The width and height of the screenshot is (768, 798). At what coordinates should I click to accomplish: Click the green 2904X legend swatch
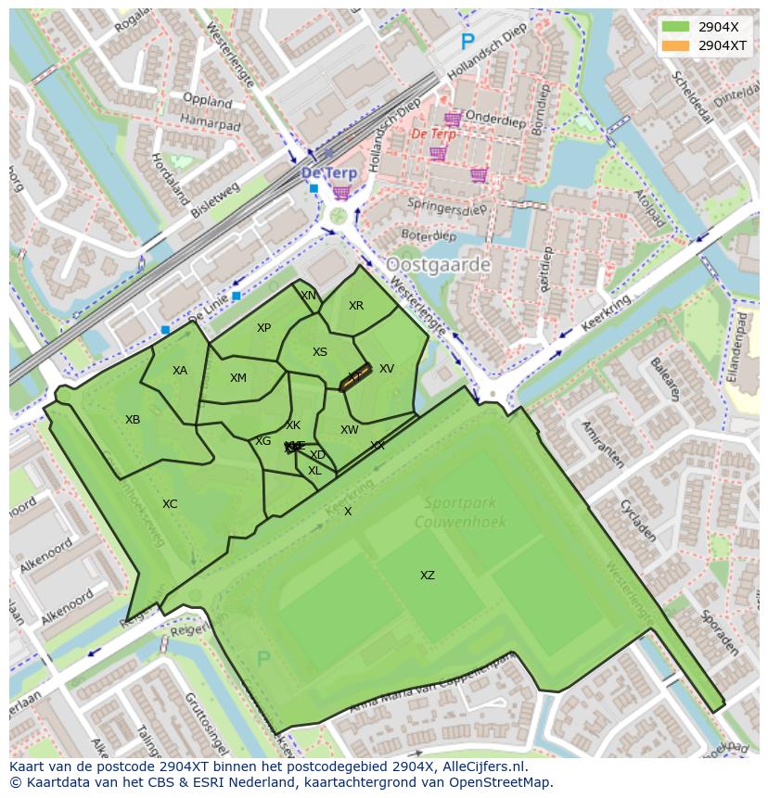coord(676,27)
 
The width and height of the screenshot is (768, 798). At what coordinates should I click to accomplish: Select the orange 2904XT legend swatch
coord(676,44)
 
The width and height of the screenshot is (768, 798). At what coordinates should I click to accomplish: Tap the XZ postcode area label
coord(427,576)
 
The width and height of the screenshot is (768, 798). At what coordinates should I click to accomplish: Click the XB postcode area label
coord(133,420)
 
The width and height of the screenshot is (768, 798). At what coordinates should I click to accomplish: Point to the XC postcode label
coord(170,504)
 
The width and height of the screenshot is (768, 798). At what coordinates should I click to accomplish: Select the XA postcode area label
coord(180,371)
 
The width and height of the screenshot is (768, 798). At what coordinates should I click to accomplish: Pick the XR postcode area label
coord(356,306)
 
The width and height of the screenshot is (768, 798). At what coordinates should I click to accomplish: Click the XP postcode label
coord(263,328)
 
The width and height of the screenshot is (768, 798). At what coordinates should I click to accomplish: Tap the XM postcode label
coord(238,378)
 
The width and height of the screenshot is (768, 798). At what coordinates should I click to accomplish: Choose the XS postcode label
coord(320,352)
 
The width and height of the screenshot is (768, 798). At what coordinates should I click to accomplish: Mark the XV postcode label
coord(387,369)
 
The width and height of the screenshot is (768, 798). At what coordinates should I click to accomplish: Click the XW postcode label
coord(349,430)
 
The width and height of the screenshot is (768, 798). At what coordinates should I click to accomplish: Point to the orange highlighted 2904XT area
coord(356,376)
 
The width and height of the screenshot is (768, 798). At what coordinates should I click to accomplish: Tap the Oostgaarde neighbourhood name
coord(438,265)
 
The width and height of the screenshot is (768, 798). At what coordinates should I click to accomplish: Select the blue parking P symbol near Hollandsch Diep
coord(467,42)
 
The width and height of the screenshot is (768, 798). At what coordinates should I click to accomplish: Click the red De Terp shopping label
coord(433,133)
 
